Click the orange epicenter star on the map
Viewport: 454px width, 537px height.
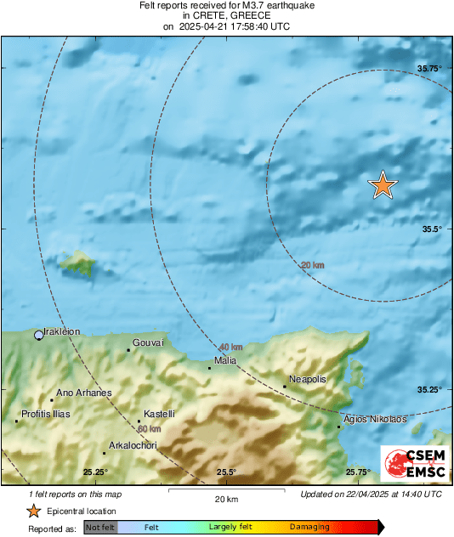(x=383, y=184)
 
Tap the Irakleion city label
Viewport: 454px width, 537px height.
(x=62, y=332)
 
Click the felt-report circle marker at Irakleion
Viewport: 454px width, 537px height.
(x=38, y=336)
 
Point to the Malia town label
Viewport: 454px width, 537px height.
(x=225, y=360)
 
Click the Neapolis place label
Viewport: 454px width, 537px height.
(x=308, y=379)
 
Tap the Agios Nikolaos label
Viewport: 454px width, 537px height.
(x=374, y=420)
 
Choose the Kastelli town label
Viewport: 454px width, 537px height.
(x=160, y=414)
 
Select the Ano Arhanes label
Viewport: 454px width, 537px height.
(x=83, y=393)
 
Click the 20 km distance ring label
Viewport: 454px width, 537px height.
(x=313, y=266)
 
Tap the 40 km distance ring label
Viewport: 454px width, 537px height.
(x=230, y=348)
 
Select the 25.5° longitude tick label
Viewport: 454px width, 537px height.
(x=225, y=472)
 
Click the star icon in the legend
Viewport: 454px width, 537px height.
(x=33, y=511)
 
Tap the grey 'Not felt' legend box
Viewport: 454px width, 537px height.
(x=100, y=527)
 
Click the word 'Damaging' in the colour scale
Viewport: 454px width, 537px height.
(x=309, y=527)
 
